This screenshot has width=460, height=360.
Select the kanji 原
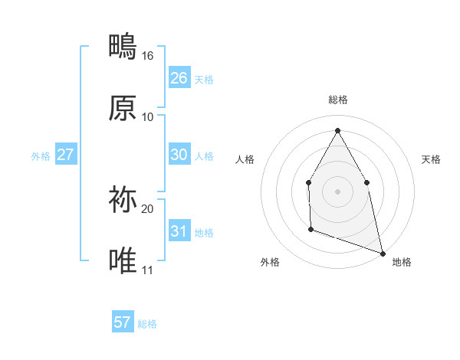pyautogui.click(x=123, y=108)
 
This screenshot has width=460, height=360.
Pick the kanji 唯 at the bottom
pyautogui.click(x=123, y=261)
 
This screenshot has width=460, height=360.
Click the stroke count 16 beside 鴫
pyautogui.click(x=147, y=56)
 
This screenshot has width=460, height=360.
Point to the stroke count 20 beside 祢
pyautogui.click(x=147, y=208)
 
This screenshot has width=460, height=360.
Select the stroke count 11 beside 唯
pyautogui.click(x=147, y=270)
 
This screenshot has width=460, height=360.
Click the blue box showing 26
pyautogui.click(x=179, y=78)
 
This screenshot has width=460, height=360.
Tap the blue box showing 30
pyautogui.click(x=179, y=155)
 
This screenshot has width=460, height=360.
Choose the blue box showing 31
pyautogui.click(x=179, y=231)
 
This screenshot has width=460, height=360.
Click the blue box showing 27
pyautogui.click(x=66, y=155)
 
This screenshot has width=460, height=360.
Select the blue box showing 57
pyautogui.click(x=123, y=322)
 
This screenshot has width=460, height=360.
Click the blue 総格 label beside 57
pyautogui.click(x=147, y=324)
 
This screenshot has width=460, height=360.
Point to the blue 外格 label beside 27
pyautogui.click(x=41, y=156)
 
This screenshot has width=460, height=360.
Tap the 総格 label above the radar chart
pyautogui.click(x=337, y=100)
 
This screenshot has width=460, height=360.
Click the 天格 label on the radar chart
pyautogui.click(x=431, y=159)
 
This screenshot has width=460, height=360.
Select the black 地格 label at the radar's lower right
pyautogui.click(x=402, y=262)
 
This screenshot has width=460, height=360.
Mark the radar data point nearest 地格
pyautogui.click(x=382, y=252)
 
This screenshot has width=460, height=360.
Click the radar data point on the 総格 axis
pyautogui.click(x=337, y=130)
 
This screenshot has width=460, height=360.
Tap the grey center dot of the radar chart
pyautogui.click(x=337, y=191)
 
